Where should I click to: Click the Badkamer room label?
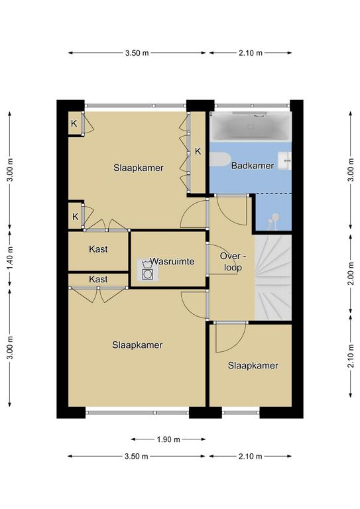point(252,166)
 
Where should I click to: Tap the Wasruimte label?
point(172,261)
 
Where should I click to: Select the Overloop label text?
point(233,262)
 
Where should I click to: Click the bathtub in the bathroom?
point(250,127)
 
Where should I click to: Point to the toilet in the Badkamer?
point(219,159)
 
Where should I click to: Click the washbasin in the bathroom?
point(284,160)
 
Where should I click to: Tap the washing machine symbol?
point(148,270)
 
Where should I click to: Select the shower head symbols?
point(272,219)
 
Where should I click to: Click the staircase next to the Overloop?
point(272,277)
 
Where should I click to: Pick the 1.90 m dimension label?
point(168,439)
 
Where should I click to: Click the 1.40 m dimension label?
point(10,258)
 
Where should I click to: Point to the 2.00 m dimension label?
point(351,274)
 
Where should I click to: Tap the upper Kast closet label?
point(98,249)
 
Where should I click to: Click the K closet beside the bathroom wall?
point(198,151)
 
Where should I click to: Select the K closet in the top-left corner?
point(74,123)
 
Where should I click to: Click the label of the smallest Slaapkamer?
point(253,366)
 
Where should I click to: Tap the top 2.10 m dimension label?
point(251,52)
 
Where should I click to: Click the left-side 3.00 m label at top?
point(10,170)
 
